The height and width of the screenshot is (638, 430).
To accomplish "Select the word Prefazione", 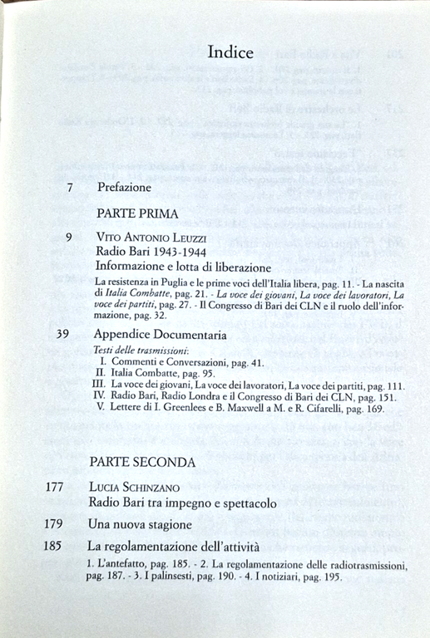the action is pos(125,188).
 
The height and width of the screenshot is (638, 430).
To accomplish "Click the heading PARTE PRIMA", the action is pos(137,213).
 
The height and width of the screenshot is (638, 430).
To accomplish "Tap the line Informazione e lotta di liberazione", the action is pos(183,267).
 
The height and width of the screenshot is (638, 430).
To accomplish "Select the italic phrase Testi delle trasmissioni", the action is pos(140,351).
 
